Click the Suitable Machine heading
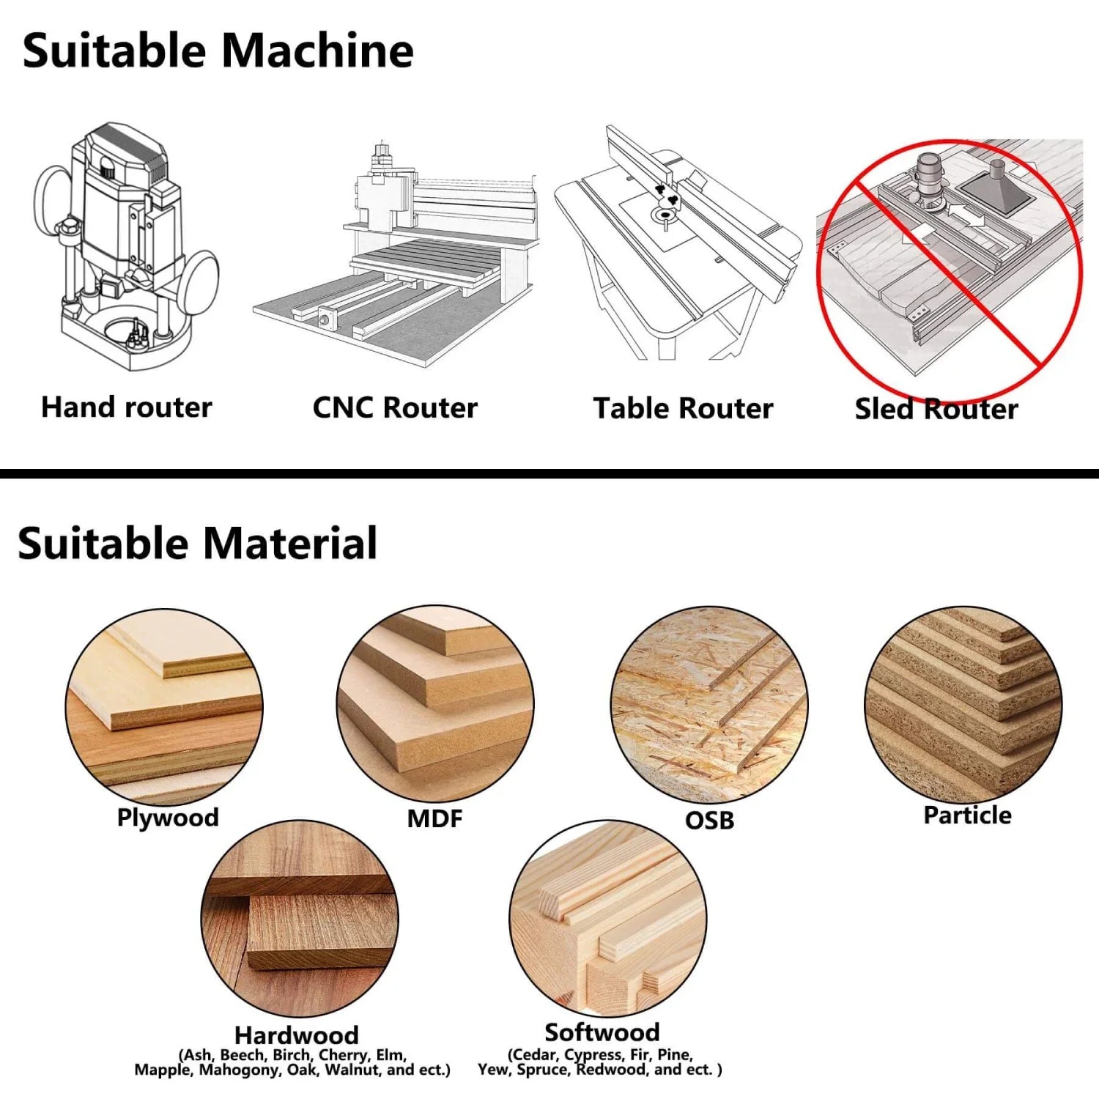click(x=218, y=51)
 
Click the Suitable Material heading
click(x=197, y=544)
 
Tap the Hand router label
click(x=126, y=407)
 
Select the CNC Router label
click(x=395, y=407)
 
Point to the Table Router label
click(x=683, y=408)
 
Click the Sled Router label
click(x=936, y=409)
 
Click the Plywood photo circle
click(x=164, y=707)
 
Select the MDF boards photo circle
click(x=435, y=704)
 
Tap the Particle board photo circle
click(x=963, y=704)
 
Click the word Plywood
click(x=168, y=817)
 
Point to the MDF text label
click(x=434, y=818)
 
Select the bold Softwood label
click(x=602, y=1032)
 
